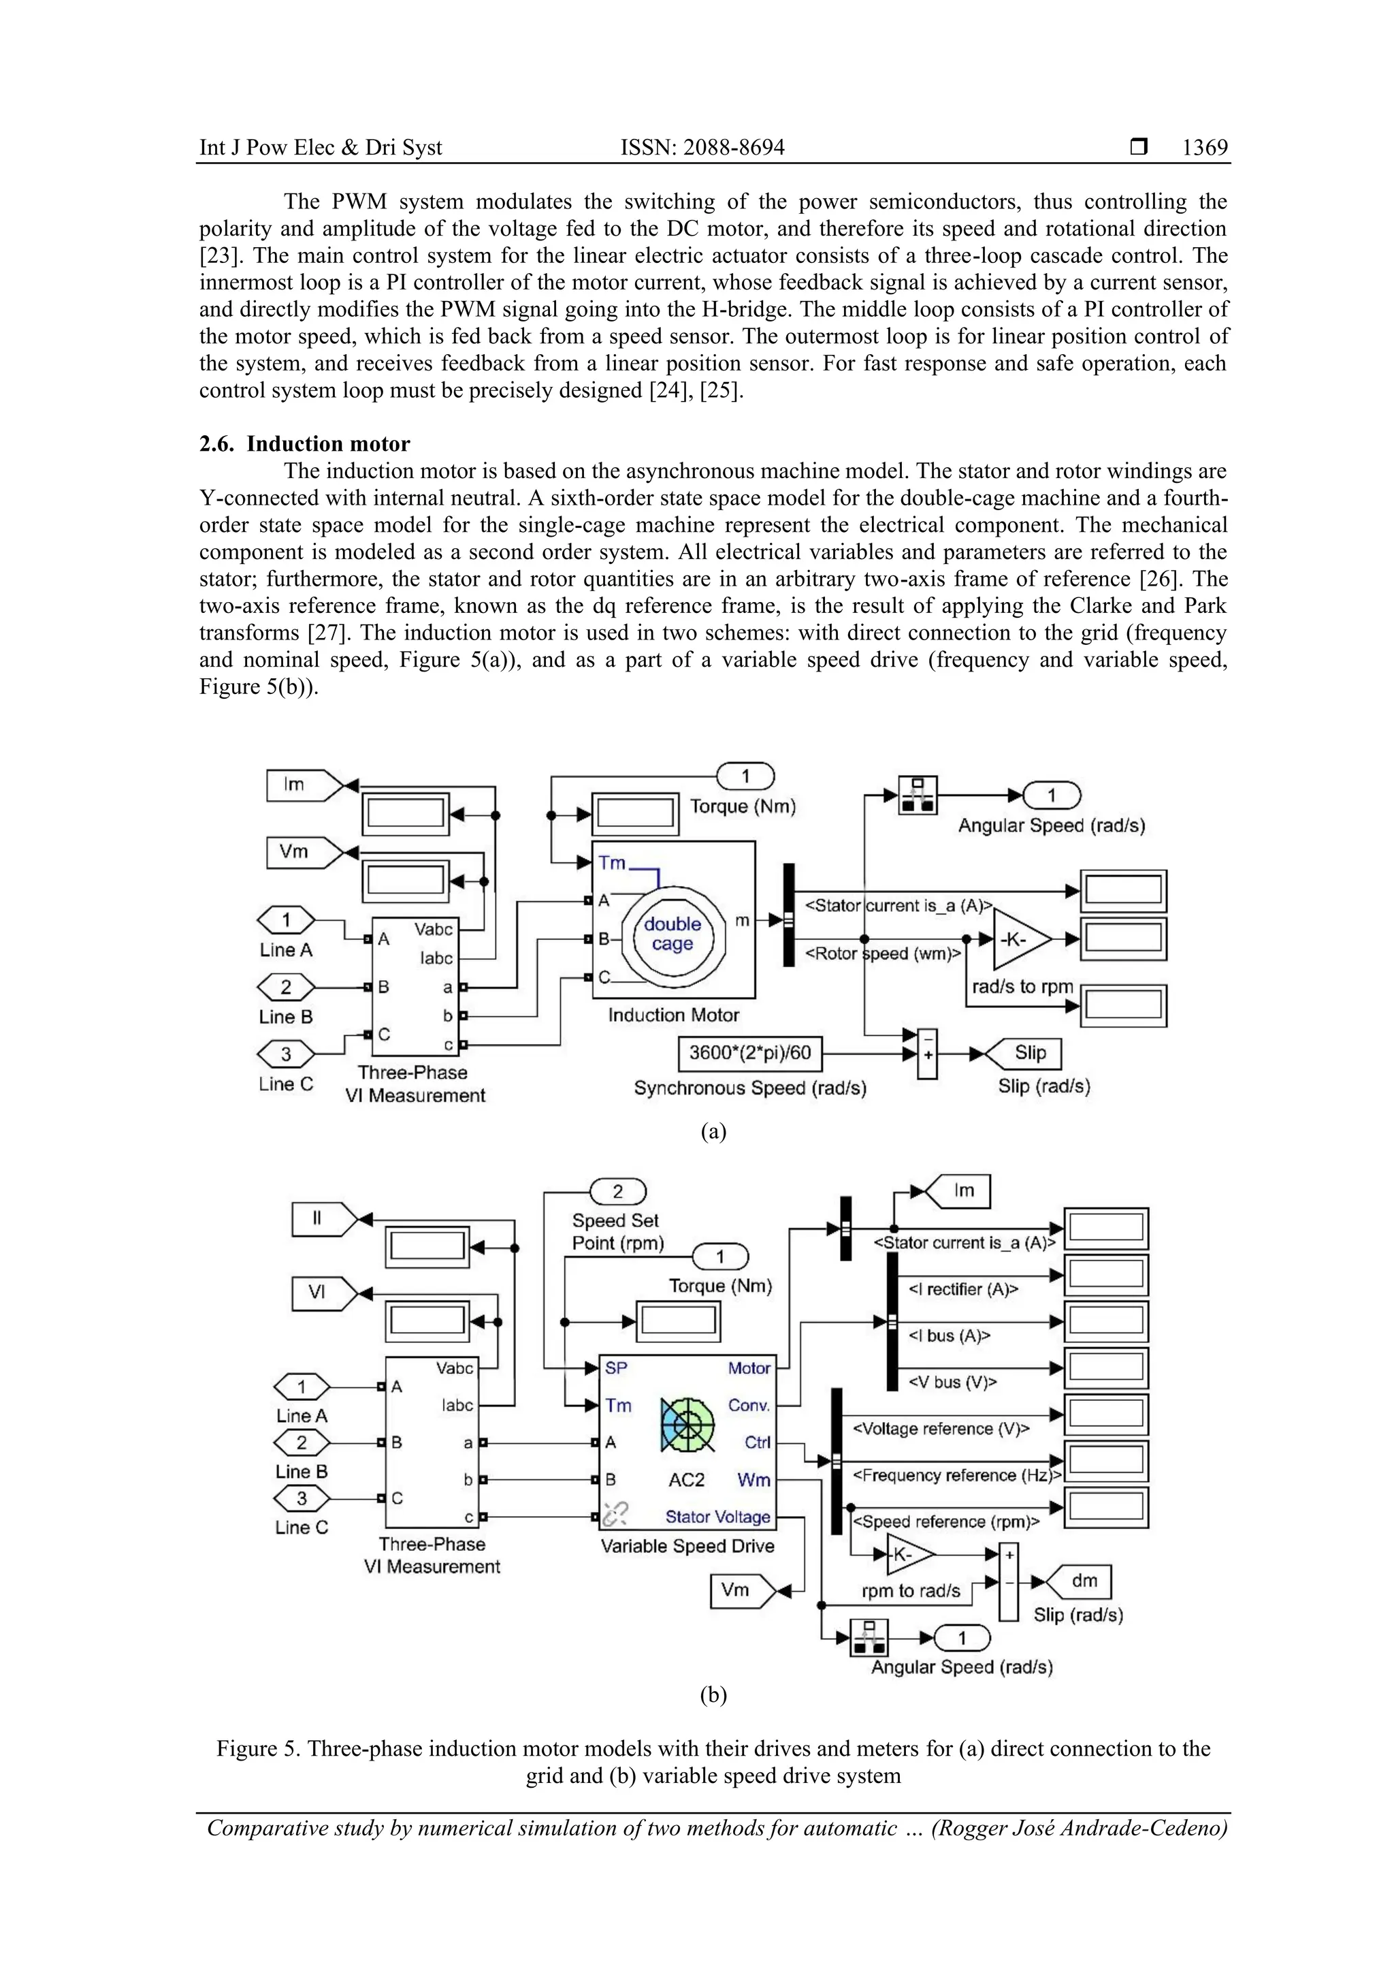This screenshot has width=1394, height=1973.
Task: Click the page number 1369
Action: pos(1204,148)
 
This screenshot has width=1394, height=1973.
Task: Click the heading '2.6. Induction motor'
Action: pos(305,443)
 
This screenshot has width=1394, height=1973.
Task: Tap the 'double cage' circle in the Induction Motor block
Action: pos(672,934)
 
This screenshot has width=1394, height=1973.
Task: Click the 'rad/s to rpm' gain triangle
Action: pos(1020,939)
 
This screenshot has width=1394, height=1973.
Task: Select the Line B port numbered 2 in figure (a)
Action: pos(286,988)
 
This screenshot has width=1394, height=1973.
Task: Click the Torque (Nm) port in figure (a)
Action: pos(745,777)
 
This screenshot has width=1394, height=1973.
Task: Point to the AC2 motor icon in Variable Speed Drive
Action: pos(687,1425)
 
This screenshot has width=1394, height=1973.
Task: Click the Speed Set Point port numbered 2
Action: pos(617,1192)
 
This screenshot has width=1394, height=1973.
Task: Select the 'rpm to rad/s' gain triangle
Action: pos(909,1555)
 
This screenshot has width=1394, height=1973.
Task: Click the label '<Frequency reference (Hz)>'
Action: pos(956,1475)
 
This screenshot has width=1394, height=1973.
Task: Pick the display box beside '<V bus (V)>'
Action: pos(1106,1369)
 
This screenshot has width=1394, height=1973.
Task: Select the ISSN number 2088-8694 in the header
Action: pos(702,148)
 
